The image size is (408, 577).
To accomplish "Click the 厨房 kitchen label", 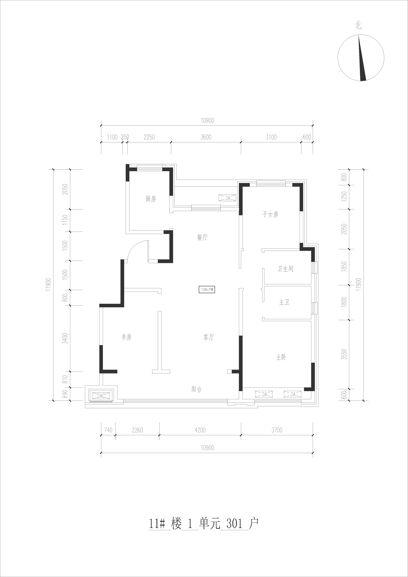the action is tap(151, 199).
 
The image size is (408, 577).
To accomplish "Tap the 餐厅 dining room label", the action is tap(202, 237).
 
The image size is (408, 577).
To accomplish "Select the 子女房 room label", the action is tap(271, 214).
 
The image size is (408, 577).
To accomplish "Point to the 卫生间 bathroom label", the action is tap(285, 269).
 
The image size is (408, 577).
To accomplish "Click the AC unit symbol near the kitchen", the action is tap(228, 198).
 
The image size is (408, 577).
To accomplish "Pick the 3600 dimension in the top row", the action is tap(206, 137).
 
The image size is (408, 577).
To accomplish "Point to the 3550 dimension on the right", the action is tap(344, 354).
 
